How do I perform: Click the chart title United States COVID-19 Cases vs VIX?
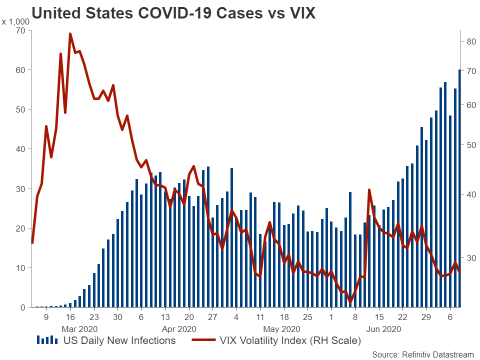point(173,13)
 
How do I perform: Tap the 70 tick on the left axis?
point(20,30)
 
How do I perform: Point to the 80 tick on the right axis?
point(471,41)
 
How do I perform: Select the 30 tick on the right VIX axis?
point(471,258)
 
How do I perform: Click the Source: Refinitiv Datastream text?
point(423,354)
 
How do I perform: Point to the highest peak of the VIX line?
point(70,34)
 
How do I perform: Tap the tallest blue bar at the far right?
point(459,188)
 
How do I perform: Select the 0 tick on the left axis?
point(22,307)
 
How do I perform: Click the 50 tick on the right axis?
point(471,145)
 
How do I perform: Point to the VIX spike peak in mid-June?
point(369,190)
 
